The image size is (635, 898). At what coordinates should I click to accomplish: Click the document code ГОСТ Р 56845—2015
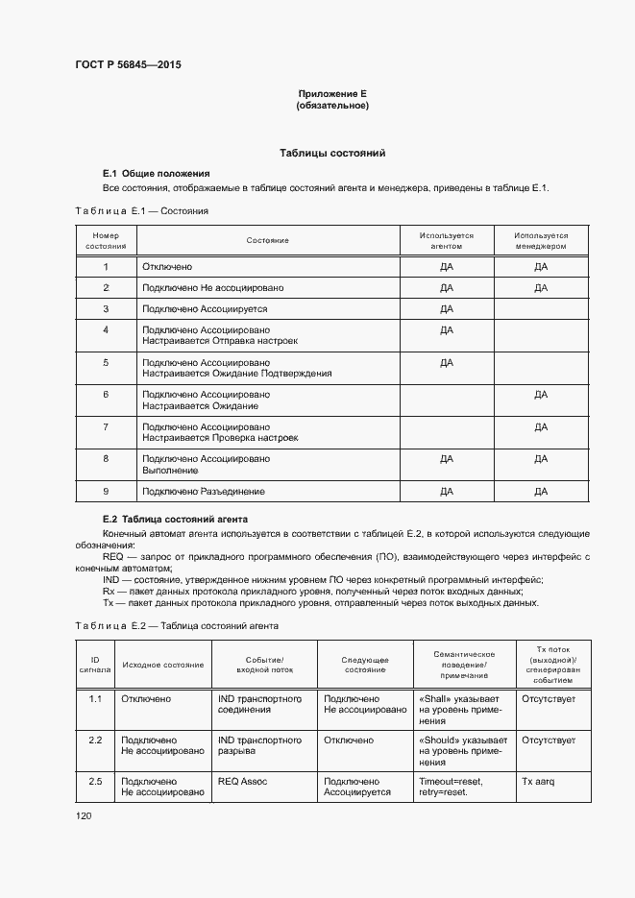click(x=128, y=65)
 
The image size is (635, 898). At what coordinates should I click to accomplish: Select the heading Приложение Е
click(x=332, y=93)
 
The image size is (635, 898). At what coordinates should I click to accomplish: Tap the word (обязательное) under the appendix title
click(x=332, y=106)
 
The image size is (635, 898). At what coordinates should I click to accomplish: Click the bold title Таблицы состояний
click(x=332, y=153)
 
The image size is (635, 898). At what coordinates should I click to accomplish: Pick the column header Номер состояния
click(x=106, y=240)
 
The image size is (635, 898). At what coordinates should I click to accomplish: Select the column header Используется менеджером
click(x=540, y=240)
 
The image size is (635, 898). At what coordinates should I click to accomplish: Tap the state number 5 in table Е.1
click(x=106, y=362)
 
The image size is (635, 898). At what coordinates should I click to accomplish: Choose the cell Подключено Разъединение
click(x=203, y=492)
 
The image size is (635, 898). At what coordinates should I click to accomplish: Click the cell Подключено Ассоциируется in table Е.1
click(x=205, y=309)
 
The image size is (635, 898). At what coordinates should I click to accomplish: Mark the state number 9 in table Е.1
click(x=106, y=492)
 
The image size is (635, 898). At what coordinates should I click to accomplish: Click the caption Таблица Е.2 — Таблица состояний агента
click(x=177, y=625)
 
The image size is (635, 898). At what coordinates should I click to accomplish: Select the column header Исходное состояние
click(x=162, y=665)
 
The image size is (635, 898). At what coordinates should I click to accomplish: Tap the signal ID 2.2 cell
click(x=95, y=740)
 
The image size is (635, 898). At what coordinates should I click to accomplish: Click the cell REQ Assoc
click(x=242, y=782)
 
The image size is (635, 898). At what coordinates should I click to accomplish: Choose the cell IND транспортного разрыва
click(x=259, y=746)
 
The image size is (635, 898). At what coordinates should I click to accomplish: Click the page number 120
click(x=84, y=815)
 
